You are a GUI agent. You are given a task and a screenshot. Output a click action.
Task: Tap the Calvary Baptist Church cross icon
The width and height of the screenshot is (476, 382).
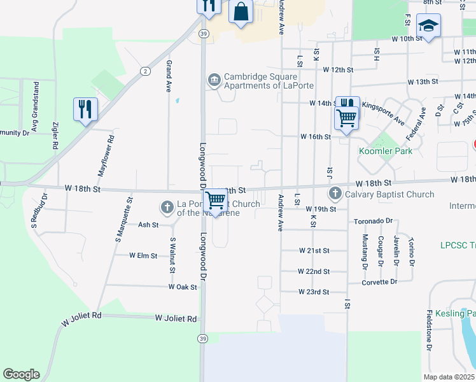335,193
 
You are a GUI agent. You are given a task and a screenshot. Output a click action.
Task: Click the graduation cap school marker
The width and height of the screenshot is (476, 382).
428,26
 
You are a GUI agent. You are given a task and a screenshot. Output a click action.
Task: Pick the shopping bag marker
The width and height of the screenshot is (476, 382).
241,11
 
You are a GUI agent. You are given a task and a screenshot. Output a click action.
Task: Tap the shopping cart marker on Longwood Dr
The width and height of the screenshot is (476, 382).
216,200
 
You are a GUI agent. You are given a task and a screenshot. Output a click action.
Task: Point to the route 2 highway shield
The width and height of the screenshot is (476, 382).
146,71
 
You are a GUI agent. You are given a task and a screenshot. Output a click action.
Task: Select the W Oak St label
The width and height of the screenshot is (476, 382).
183,287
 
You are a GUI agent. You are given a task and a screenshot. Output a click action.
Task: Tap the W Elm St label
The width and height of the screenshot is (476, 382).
143,255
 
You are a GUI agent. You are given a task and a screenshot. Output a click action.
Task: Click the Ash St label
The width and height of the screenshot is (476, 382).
148,225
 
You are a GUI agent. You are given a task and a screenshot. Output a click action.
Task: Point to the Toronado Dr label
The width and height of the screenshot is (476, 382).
373,221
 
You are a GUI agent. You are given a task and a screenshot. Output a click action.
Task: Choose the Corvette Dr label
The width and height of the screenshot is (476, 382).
379,281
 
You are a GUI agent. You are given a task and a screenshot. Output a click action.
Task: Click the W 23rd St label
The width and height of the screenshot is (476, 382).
314,292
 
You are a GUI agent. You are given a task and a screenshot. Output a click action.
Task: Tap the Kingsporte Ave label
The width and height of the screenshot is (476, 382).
383,113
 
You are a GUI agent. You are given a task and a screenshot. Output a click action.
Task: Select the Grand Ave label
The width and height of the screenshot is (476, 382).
169,76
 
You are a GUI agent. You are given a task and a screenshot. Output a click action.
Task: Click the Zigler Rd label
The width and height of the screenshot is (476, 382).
56,135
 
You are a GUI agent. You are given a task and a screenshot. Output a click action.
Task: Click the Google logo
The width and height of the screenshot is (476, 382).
21,374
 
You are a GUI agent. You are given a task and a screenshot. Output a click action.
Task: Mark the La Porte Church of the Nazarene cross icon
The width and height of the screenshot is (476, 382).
167,207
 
